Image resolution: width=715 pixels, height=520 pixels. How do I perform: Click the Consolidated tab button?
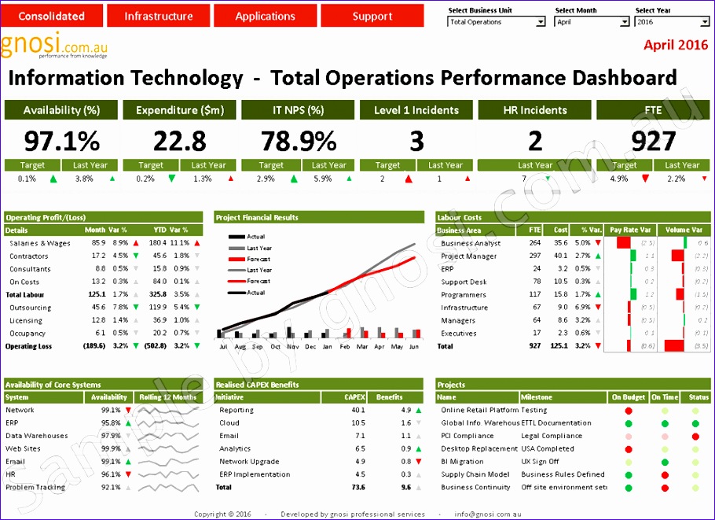coord(52,16)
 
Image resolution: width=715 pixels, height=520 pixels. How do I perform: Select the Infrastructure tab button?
coord(158,16)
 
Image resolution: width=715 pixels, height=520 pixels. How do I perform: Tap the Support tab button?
coord(372,16)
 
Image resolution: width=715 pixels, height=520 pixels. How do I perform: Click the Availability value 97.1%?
coord(61,141)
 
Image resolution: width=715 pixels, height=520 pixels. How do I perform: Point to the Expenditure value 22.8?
coord(180,141)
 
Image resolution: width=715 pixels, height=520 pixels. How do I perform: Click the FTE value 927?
coord(654,141)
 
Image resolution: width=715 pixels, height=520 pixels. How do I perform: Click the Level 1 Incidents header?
coord(416,110)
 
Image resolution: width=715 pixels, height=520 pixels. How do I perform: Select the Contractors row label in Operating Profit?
coord(29,256)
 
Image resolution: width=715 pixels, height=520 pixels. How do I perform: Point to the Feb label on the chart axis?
coord(345,346)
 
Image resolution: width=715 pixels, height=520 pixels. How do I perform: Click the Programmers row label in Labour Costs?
coord(464,295)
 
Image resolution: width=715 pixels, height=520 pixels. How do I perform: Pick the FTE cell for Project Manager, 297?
coord(535,256)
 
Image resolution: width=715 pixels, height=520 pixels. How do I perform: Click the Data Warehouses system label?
coord(36,436)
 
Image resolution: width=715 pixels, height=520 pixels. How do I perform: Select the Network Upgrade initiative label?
coord(249,462)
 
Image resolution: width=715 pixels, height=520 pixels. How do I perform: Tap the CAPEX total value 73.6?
coord(357,488)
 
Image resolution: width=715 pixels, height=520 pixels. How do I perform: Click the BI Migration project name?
coord(462,462)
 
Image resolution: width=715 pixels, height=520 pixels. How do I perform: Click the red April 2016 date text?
coord(675,45)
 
